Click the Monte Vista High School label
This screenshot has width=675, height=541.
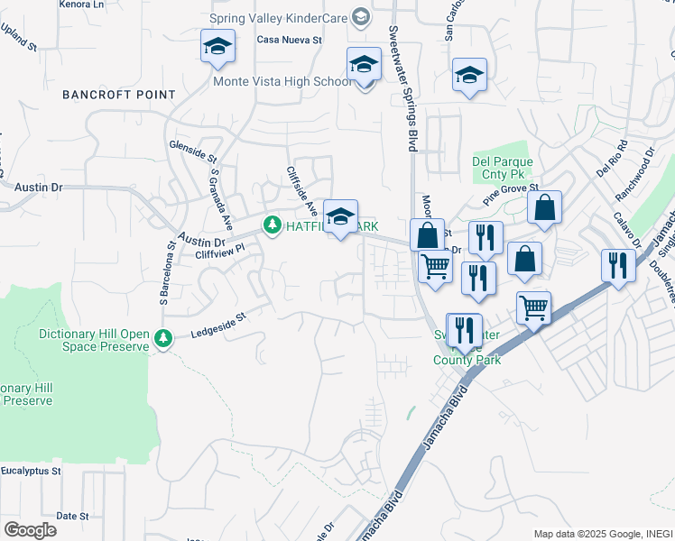(x=282, y=82)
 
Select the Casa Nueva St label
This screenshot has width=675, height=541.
(x=290, y=40)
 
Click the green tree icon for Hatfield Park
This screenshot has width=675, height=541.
(x=271, y=225)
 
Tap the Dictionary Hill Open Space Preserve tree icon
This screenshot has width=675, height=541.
(x=162, y=339)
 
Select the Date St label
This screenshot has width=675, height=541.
(x=72, y=516)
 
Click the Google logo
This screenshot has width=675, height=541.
(x=30, y=530)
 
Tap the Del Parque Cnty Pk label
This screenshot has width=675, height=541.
(x=503, y=169)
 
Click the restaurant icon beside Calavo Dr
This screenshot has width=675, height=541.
(x=618, y=264)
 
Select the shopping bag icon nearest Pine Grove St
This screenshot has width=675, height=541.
(x=545, y=207)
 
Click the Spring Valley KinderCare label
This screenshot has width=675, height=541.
(x=279, y=17)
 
